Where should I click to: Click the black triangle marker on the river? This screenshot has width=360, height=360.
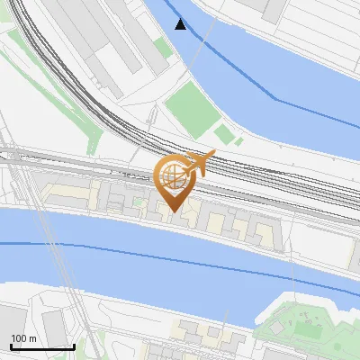[181, 24]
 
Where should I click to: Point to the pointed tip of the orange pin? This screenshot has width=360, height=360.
[174, 211]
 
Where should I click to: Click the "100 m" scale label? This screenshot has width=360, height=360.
[23, 338]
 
